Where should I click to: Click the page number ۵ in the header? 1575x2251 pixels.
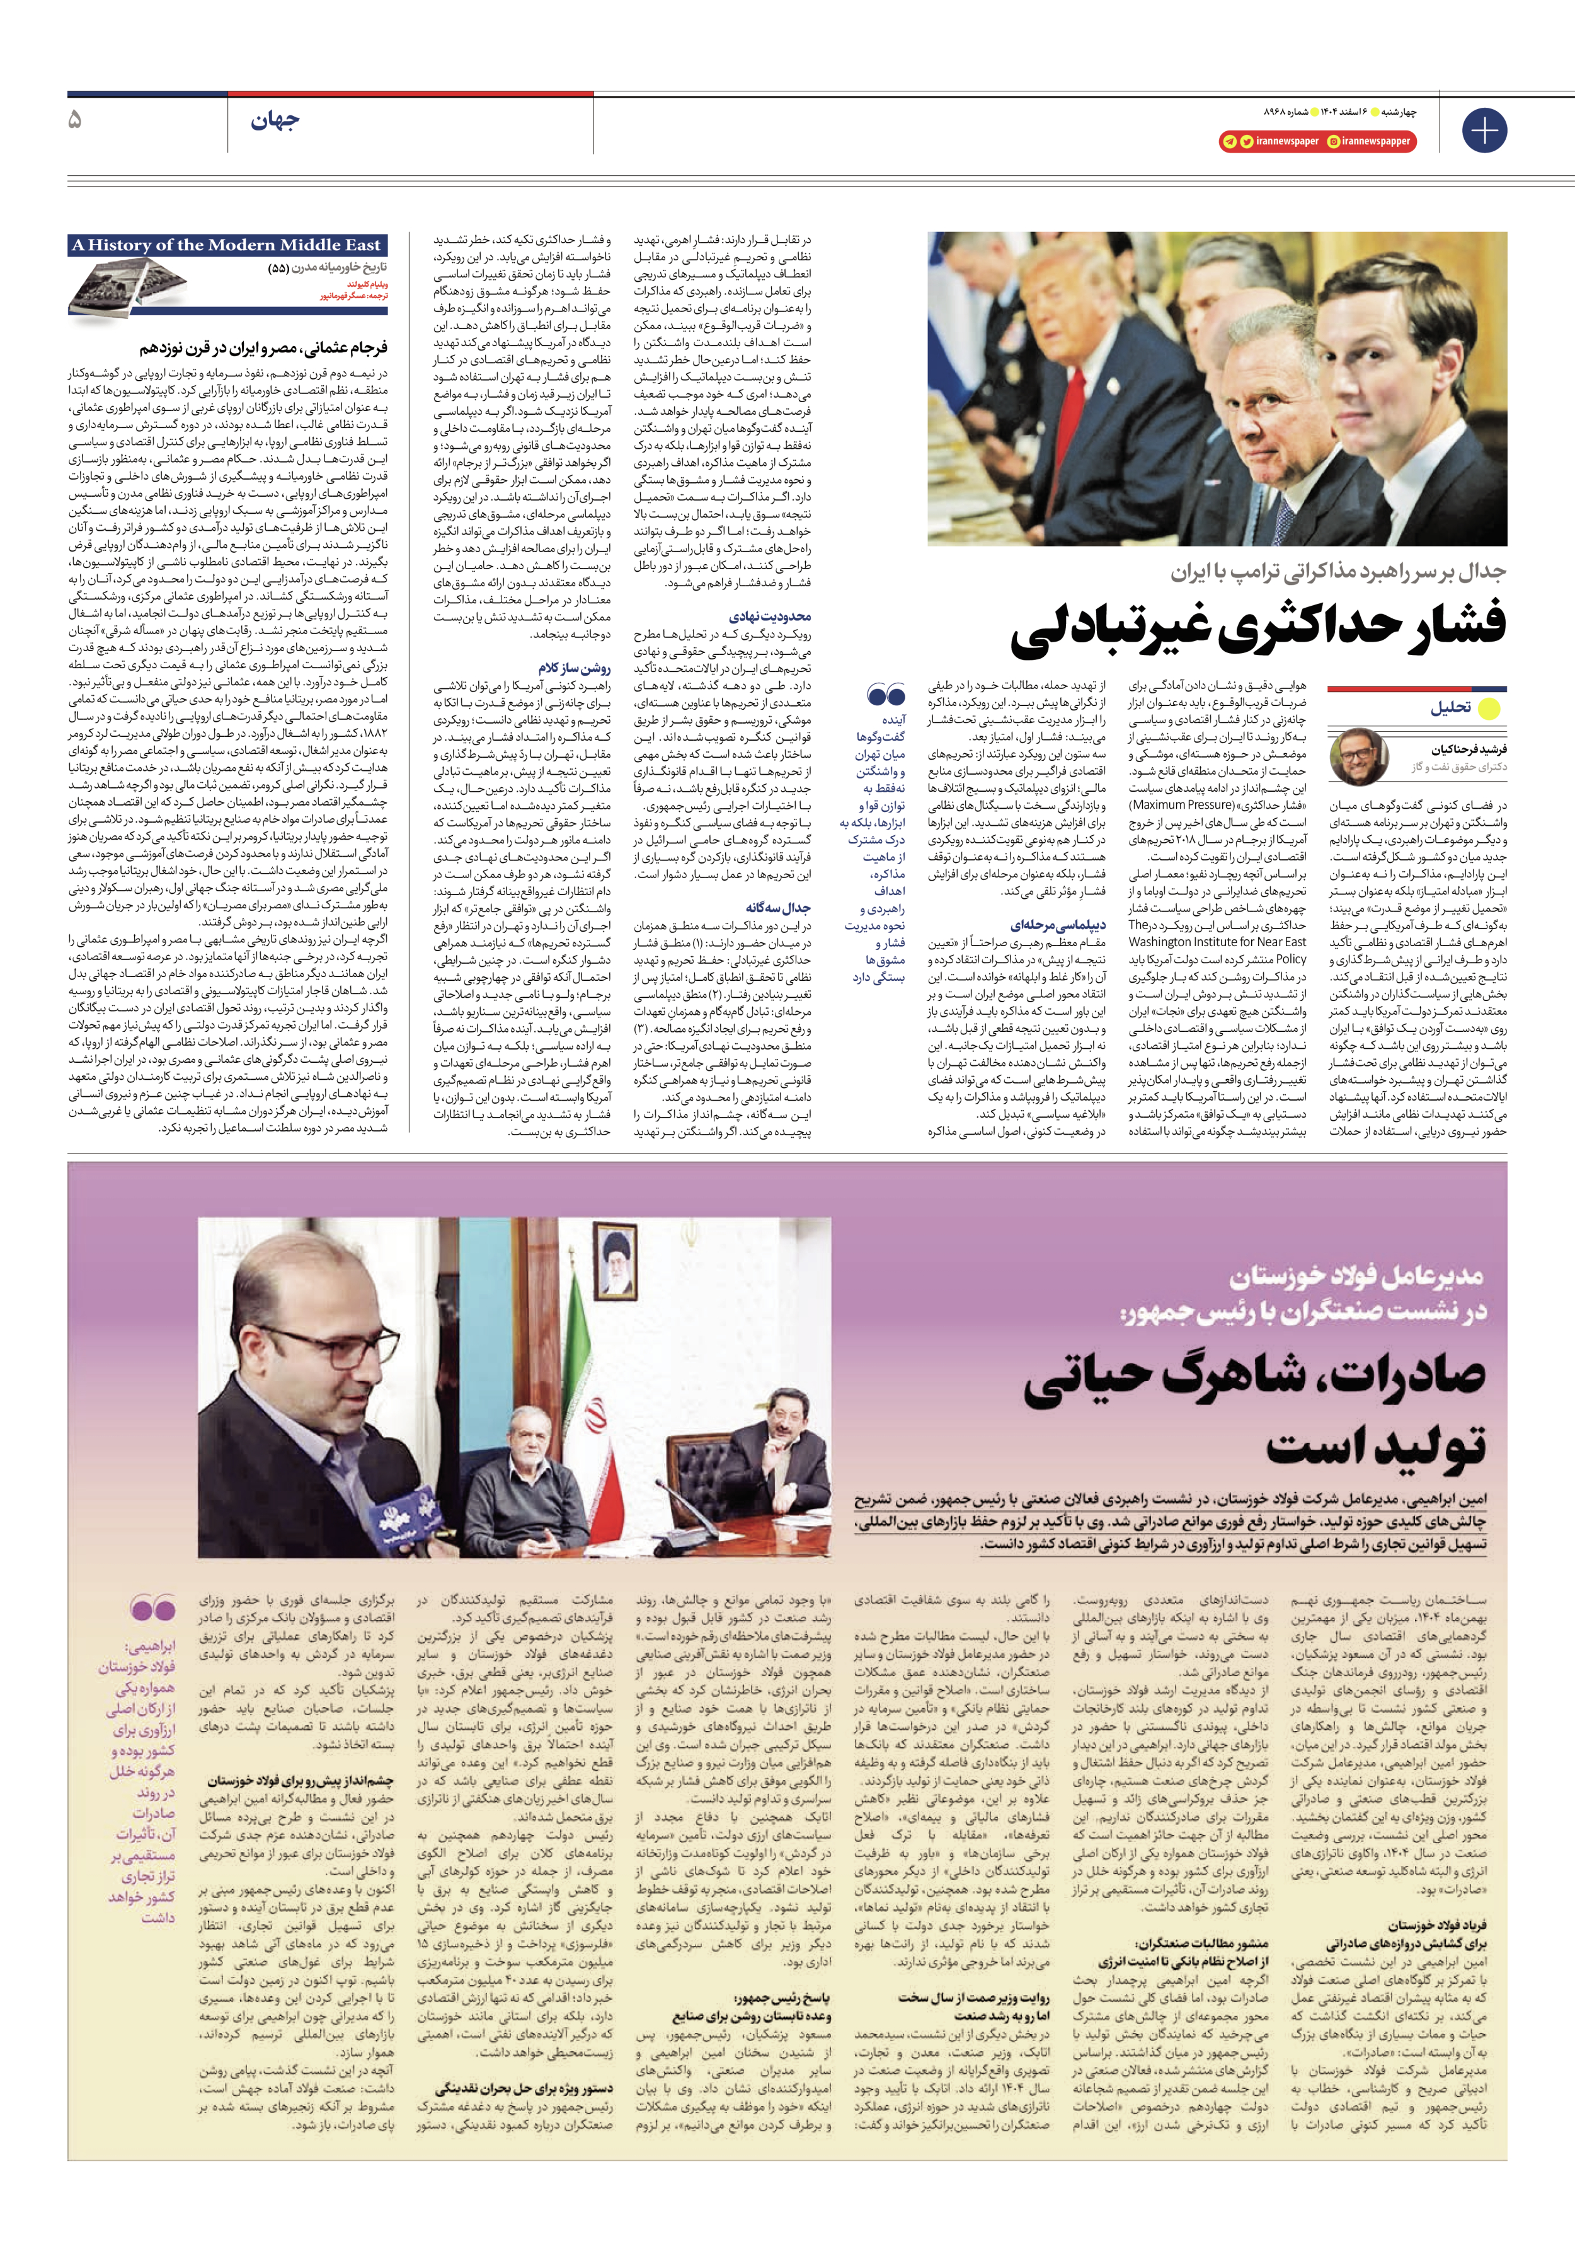coord(74,120)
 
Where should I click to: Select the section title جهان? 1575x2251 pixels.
coord(275,122)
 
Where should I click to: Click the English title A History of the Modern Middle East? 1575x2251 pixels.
coord(226,245)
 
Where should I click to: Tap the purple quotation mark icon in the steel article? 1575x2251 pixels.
coord(152,1609)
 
